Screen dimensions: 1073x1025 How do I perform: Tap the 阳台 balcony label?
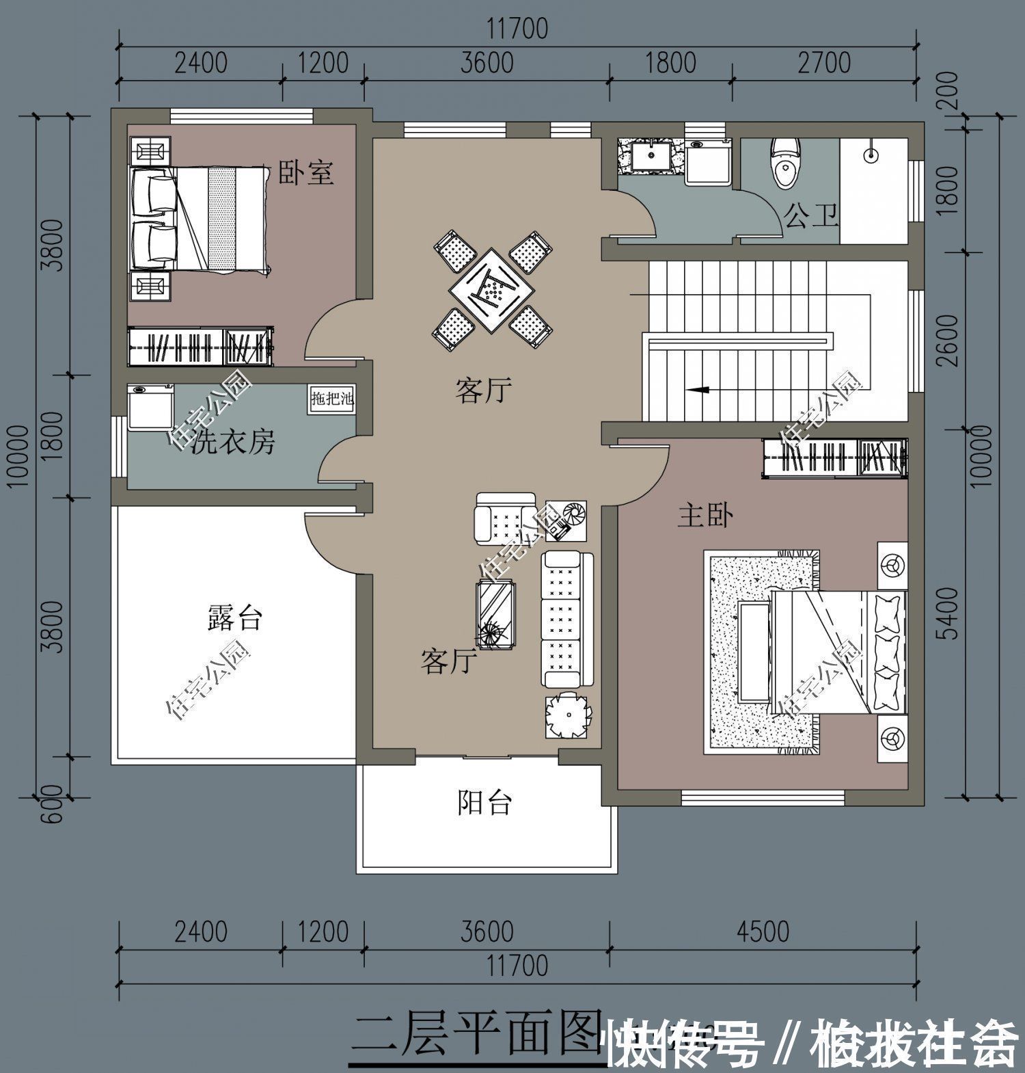(x=484, y=802)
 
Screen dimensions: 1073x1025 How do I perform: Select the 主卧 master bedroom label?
(x=705, y=515)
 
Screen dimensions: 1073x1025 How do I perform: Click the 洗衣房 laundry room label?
(x=232, y=442)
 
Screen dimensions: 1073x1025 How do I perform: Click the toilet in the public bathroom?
(x=784, y=163)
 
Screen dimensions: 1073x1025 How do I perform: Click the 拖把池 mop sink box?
(x=332, y=399)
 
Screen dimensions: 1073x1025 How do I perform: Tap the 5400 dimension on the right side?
(x=948, y=613)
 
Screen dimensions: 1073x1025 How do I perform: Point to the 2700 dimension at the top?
(x=824, y=63)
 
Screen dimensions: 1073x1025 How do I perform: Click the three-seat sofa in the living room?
(x=561, y=620)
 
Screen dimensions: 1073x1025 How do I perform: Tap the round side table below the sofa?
(x=566, y=716)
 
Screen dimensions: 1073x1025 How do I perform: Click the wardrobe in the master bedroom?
(x=834, y=457)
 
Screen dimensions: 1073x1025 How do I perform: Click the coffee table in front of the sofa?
(x=495, y=611)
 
